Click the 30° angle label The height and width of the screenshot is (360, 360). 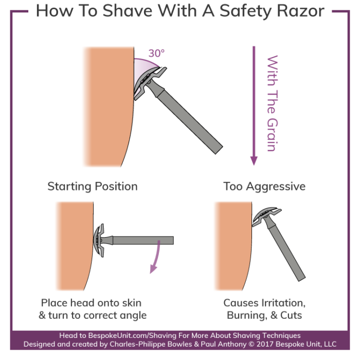157,53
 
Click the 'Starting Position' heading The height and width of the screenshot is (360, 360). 93,186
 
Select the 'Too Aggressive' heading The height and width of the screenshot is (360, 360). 264,186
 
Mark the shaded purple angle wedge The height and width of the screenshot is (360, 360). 145,67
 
